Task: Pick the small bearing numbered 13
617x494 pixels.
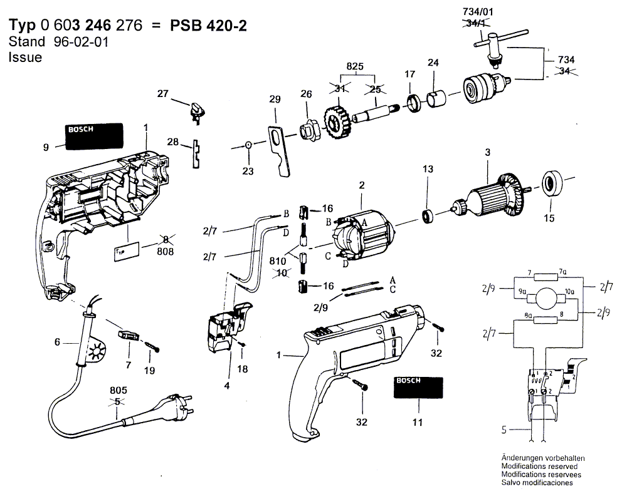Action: (x=428, y=217)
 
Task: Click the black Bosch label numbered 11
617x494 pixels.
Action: (x=419, y=388)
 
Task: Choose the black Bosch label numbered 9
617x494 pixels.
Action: (x=92, y=135)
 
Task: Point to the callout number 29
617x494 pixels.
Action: (x=274, y=100)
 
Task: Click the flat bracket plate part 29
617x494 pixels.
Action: (x=280, y=150)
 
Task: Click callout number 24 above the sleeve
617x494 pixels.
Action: (x=433, y=62)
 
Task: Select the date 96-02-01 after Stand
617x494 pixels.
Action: (x=72, y=42)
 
